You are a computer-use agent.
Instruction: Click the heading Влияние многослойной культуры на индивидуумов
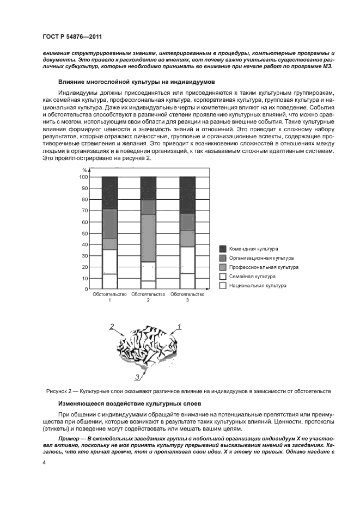point(136,82)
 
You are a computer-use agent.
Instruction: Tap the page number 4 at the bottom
point(44,462)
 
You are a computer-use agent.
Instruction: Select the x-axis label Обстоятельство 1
point(109,297)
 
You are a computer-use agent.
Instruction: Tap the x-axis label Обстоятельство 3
point(187,297)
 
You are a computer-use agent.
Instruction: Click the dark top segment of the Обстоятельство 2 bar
point(148,188)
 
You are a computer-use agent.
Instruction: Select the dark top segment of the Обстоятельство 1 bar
point(109,193)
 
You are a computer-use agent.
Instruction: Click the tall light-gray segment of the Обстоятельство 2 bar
point(148,238)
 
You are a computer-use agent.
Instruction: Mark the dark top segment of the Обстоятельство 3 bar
point(187,195)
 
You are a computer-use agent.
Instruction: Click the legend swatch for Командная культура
point(223,249)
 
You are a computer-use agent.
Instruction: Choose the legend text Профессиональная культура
point(264,267)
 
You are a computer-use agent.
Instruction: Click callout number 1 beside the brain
point(178,327)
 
